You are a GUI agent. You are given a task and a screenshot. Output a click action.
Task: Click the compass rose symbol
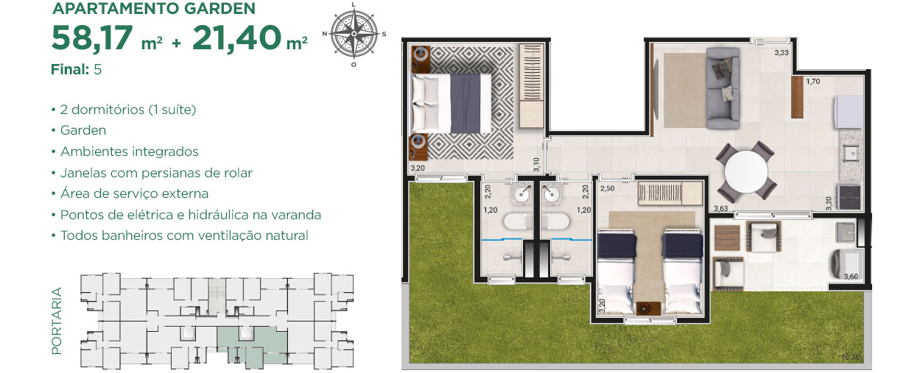(x=354, y=34)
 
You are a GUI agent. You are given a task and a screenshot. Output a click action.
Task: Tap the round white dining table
(x=746, y=171)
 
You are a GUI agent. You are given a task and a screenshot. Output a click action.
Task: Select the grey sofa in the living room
(x=723, y=88)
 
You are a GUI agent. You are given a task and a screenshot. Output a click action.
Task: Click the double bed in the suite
(x=452, y=103)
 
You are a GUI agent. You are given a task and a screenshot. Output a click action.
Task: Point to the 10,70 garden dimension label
(x=850, y=357)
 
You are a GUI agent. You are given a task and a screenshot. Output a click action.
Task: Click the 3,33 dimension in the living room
(x=782, y=52)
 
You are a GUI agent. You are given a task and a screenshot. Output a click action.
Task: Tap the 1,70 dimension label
(x=812, y=81)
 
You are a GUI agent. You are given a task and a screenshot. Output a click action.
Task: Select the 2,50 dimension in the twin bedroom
(x=608, y=188)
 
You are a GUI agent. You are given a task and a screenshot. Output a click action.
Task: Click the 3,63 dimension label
(x=721, y=208)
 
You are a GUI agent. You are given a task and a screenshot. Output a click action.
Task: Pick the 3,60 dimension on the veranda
(x=851, y=277)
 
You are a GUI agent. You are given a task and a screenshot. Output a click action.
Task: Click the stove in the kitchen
(x=849, y=197)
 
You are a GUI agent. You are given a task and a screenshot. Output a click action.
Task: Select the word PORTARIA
(x=56, y=321)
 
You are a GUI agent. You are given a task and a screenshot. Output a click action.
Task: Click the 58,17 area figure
(x=92, y=38)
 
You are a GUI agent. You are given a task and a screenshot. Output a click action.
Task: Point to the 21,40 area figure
(x=236, y=38)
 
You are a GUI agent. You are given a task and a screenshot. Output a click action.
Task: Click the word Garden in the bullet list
(x=83, y=130)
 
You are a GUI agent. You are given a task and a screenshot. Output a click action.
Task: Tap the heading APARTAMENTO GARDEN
(x=154, y=8)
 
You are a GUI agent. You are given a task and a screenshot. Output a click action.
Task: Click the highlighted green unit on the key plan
(x=253, y=345)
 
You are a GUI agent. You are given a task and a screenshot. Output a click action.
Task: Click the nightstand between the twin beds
(x=648, y=308)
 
